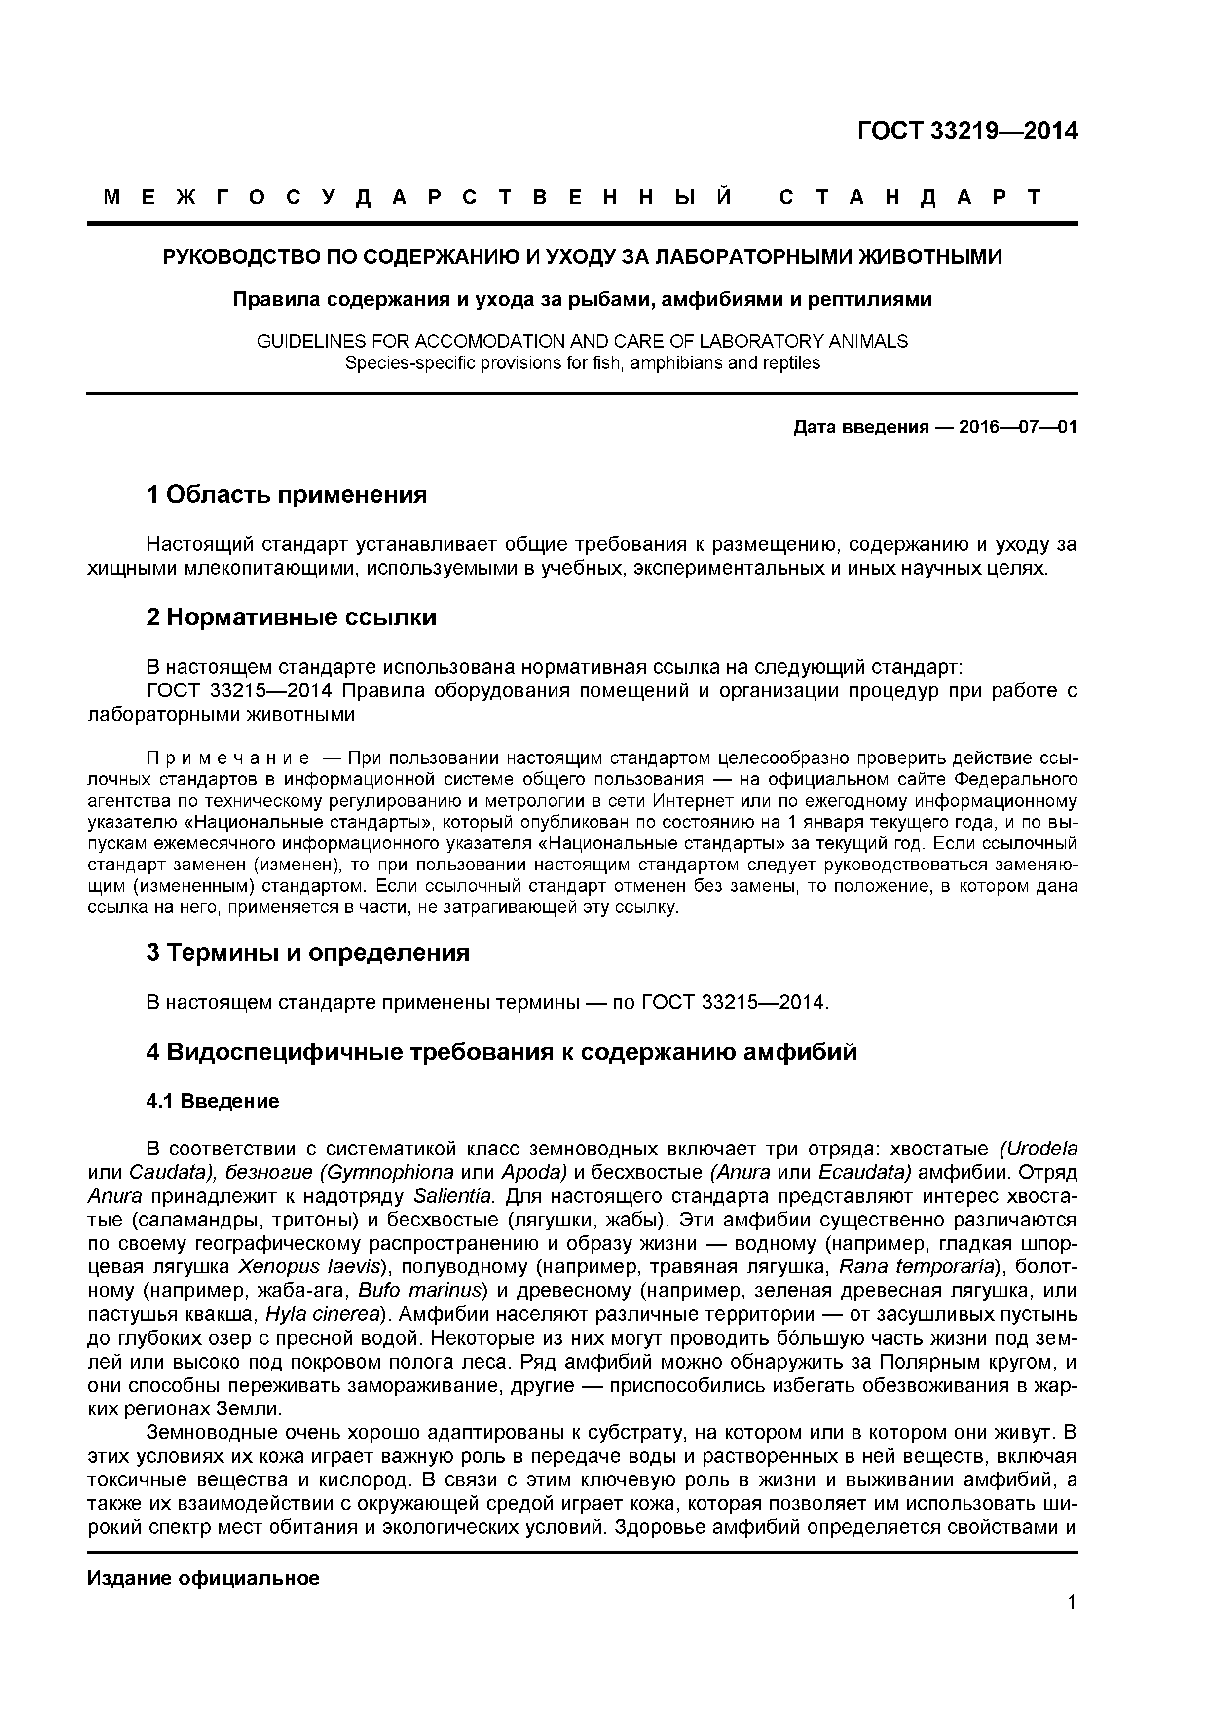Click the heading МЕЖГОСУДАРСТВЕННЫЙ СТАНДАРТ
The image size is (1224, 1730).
coord(573,198)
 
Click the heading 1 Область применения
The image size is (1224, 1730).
coord(287,495)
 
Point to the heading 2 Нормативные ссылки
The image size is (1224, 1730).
coord(291,618)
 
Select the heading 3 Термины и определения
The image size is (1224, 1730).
coord(307,953)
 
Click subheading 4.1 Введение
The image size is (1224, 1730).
coord(213,1102)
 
